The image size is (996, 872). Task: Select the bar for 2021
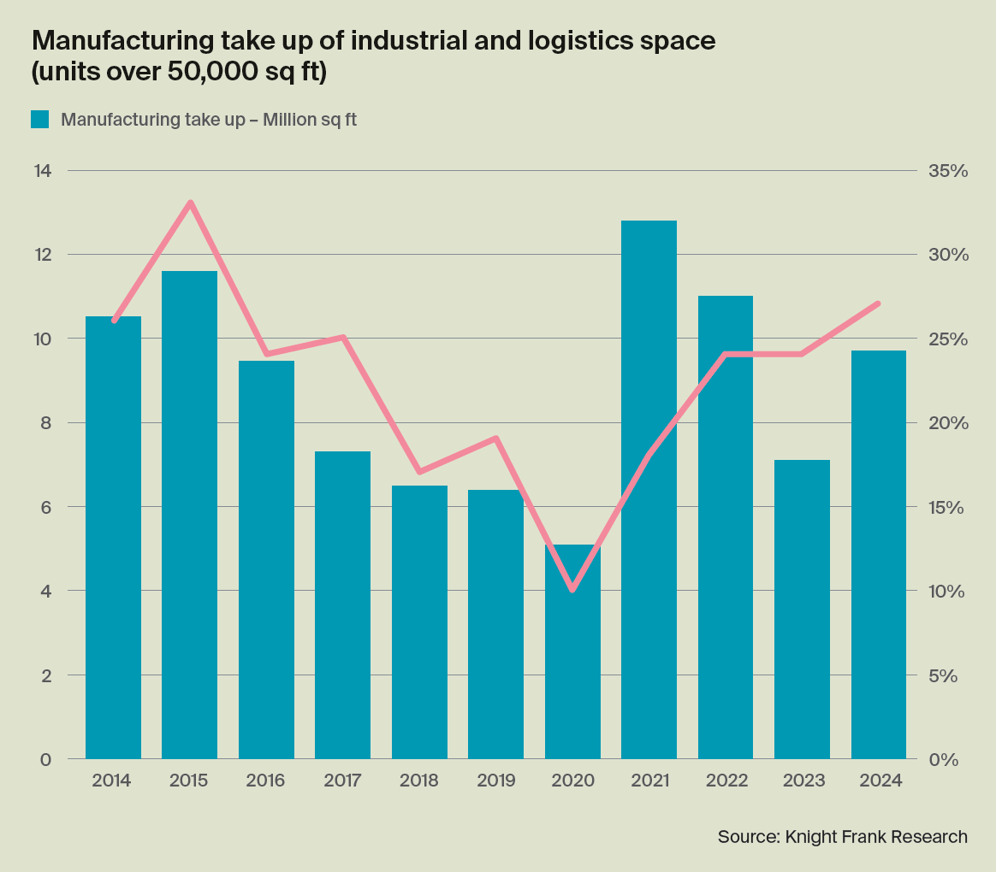649,489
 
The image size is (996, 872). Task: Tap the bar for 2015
189,515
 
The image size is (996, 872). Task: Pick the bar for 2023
803,609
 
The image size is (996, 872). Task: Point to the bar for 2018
419,622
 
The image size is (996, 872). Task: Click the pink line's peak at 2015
190,203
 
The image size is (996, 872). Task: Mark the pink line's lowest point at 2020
572,590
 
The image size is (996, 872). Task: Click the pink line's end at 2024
879,303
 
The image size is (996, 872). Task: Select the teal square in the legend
40,120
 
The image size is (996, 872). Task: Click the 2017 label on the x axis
342,781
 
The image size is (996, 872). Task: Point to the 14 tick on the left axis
42,171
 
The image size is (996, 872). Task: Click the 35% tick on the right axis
947,171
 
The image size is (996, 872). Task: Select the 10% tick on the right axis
946,591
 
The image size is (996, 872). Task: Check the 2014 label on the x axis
113,781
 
